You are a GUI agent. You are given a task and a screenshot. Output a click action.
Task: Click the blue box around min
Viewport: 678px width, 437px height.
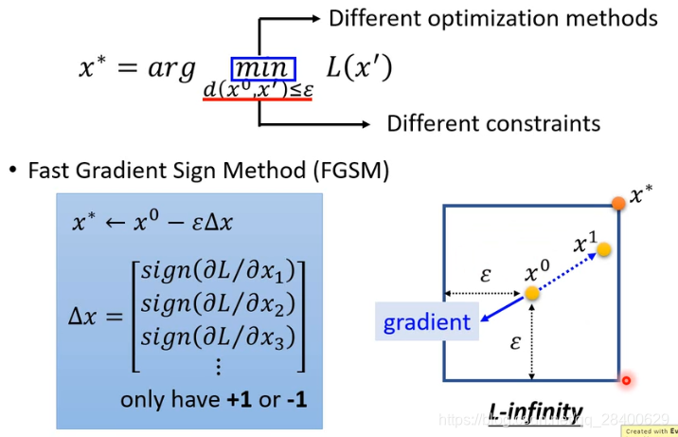point(263,68)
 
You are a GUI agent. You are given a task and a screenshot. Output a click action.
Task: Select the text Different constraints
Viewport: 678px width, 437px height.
point(493,123)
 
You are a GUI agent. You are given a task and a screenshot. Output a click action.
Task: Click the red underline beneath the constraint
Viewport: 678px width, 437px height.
point(258,99)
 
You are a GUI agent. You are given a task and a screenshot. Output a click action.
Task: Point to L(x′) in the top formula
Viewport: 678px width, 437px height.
point(359,68)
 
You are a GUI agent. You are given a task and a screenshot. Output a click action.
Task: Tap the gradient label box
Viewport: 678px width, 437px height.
point(426,322)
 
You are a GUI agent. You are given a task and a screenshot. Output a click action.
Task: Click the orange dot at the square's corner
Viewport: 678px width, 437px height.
point(618,203)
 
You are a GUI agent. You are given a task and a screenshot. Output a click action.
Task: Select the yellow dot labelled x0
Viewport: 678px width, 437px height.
point(533,293)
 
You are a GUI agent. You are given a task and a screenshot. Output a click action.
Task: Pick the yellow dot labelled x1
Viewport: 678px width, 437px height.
point(603,249)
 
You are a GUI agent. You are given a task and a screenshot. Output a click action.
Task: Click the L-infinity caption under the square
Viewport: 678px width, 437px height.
point(535,411)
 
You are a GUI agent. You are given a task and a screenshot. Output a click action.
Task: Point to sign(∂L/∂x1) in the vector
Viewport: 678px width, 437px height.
point(218,270)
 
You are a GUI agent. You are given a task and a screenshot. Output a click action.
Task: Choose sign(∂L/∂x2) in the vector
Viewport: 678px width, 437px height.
point(218,303)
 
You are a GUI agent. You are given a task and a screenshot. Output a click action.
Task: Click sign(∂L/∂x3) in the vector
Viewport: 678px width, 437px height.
point(218,336)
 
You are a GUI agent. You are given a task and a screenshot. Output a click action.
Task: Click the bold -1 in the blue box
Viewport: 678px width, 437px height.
point(296,399)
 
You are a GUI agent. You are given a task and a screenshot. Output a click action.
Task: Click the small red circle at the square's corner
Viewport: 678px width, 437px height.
point(625,381)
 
